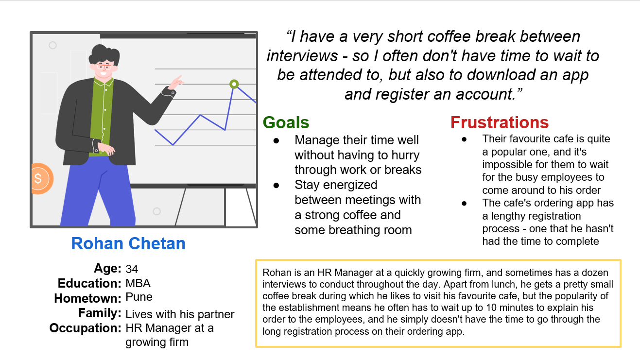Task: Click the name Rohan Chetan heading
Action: (128, 243)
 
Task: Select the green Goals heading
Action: (286, 122)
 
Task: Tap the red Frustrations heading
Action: (500, 122)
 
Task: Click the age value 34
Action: (132, 269)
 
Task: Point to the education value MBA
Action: (138, 283)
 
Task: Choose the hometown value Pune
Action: (139, 297)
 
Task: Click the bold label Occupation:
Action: (86, 328)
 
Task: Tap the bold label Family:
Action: (100, 313)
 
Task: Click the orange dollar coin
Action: (42, 179)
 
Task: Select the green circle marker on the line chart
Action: (234, 84)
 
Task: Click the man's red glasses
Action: (104, 67)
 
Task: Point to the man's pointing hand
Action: (176, 83)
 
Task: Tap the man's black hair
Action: (104, 54)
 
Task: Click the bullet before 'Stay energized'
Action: (276, 186)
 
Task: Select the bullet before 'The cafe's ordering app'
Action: (464, 204)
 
